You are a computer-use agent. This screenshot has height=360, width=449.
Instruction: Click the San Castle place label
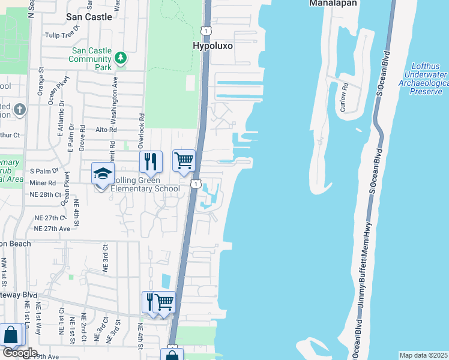[x=89, y=17]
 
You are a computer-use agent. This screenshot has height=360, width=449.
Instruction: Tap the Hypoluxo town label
[x=212, y=46]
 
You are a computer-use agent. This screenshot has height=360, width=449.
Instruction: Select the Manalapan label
[x=333, y=4]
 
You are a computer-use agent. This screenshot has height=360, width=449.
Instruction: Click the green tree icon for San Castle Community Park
[x=121, y=58]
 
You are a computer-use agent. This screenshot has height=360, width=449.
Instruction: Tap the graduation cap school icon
[x=102, y=173]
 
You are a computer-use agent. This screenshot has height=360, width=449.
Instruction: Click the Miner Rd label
[x=43, y=183]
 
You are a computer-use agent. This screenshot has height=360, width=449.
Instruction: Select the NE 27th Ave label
[x=52, y=229]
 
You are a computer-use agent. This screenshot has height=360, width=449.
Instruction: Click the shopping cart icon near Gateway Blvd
[x=164, y=302]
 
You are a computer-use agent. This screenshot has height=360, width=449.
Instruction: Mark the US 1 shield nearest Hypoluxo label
[x=206, y=30]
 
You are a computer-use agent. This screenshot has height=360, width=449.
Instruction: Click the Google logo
[x=19, y=353]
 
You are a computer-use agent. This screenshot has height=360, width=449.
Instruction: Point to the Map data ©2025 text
[x=423, y=355]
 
